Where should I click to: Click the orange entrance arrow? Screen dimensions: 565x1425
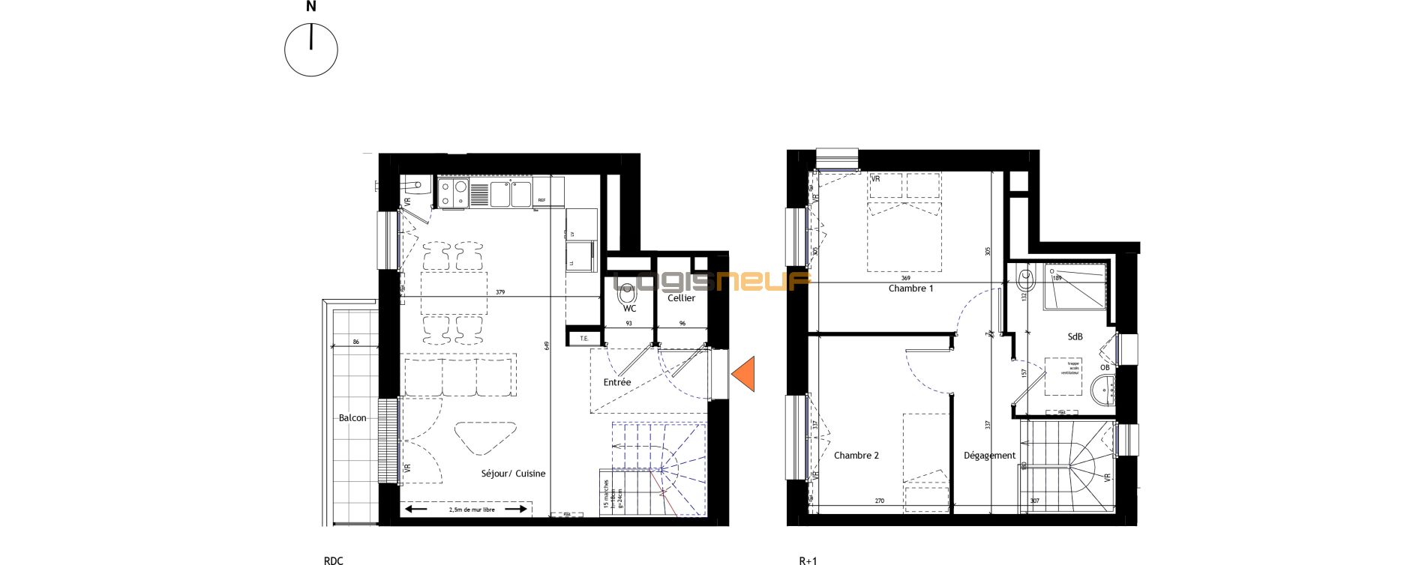tap(744, 375)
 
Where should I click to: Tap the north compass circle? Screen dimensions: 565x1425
tap(311, 50)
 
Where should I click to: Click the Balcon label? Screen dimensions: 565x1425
tap(352, 418)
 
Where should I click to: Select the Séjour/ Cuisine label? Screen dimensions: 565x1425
tap(513, 474)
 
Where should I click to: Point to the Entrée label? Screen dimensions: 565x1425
tap(617, 382)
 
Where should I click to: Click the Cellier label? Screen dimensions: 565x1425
tap(681, 298)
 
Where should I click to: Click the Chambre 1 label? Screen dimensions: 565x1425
tap(910, 288)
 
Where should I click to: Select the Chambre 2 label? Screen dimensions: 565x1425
tap(856, 456)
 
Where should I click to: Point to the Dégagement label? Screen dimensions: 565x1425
tap(989, 456)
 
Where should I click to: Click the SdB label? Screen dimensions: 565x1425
tap(1075, 337)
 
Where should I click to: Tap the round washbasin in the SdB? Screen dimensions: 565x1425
tap(1103, 390)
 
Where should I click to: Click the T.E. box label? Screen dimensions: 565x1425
tap(584, 339)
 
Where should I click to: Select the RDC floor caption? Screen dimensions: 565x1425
tap(333, 561)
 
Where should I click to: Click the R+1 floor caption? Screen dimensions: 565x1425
tap(808, 561)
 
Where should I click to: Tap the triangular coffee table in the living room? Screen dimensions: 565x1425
tap(484, 436)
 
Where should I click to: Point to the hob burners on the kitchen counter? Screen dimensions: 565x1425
tap(452, 193)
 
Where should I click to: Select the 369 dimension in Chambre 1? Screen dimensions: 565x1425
tap(905, 278)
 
